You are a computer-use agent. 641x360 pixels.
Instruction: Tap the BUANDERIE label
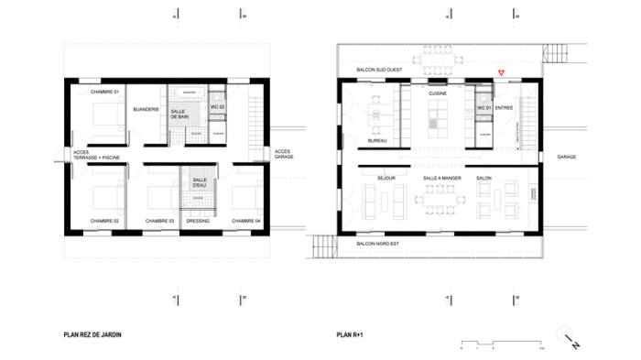pyautogui.click(x=147, y=110)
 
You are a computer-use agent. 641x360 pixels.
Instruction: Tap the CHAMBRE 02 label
pyautogui.click(x=105, y=221)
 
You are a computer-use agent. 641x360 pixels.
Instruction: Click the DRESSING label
pyautogui.click(x=198, y=221)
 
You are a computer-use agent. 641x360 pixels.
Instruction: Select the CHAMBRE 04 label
pyautogui.click(x=245, y=221)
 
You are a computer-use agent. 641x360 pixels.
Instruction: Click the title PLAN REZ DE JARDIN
pyautogui.click(x=92, y=335)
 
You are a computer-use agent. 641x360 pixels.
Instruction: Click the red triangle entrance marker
pyautogui.click(x=500, y=73)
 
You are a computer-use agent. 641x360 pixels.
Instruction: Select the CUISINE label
pyautogui.click(x=436, y=92)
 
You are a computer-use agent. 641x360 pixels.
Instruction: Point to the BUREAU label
pyautogui.click(x=376, y=140)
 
